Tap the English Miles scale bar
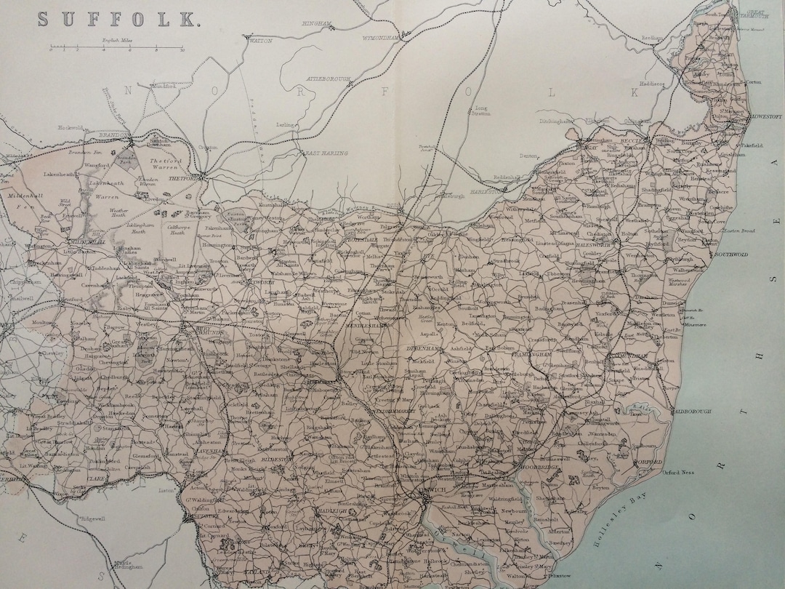click(x=116, y=50)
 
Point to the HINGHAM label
click(x=318, y=23)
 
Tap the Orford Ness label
click(x=680, y=473)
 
